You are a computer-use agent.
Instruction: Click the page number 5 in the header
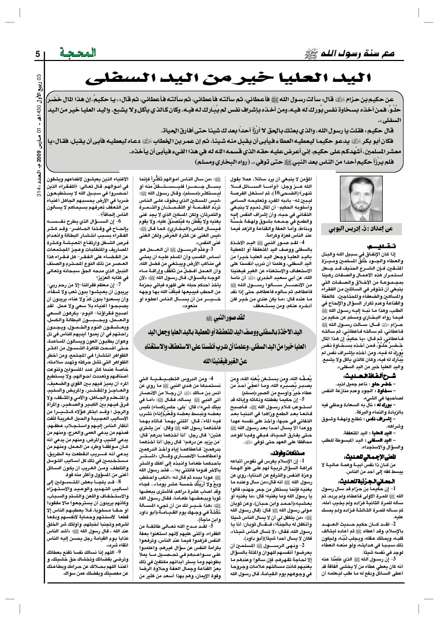(38, 54)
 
